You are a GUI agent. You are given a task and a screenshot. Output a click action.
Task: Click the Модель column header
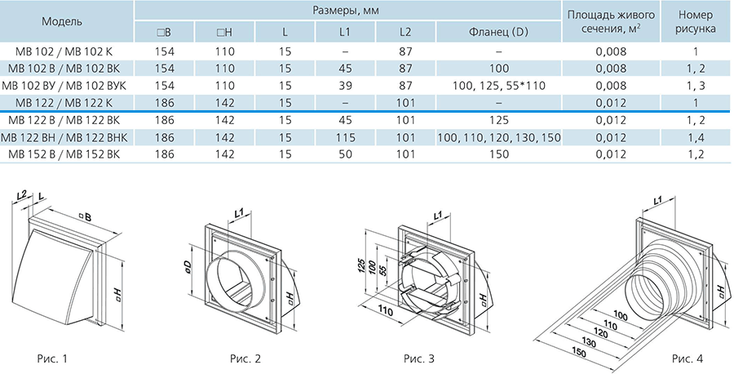(x=62, y=21)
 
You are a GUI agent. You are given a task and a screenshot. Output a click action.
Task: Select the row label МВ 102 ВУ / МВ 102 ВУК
(x=64, y=86)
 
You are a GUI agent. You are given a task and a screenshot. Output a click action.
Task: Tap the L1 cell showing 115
(x=345, y=138)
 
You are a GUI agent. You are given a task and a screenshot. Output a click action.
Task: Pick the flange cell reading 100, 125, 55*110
(x=498, y=86)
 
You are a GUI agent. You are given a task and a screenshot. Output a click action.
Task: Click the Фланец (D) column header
(x=498, y=33)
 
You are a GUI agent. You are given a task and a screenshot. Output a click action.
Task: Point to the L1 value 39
(x=345, y=86)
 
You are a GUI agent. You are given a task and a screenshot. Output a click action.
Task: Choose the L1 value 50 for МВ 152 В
(x=345, y=154)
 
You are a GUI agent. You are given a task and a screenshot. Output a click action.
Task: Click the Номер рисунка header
(x=696, y=21)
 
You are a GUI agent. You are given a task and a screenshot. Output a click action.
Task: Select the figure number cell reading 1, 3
(x=696, y=86)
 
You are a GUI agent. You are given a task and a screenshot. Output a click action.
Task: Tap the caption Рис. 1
(x=52, y=359)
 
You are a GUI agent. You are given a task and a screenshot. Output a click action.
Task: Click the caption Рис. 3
(x=419, y=359)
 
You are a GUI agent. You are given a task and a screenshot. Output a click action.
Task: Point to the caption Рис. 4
(x=688, y=359)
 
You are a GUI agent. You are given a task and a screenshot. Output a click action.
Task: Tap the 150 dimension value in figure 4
(x=578, y=351)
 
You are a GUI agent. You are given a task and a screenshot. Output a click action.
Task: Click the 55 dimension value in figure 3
(x=384, y=272)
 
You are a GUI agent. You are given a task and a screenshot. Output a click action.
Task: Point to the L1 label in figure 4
(x=657, y=201)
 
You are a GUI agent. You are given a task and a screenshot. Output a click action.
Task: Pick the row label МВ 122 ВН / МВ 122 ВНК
(x=64, y=138)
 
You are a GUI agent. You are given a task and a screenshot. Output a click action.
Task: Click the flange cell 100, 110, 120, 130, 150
(x=498, y=138)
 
